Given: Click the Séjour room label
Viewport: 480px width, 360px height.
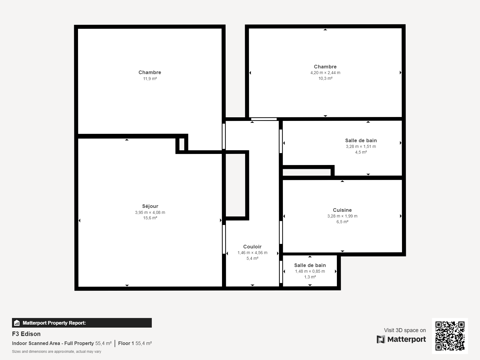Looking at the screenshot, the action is pos(150,206).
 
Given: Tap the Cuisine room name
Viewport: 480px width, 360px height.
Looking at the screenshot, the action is pos(342,210).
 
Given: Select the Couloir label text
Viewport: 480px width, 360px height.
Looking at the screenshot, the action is pos(252,247).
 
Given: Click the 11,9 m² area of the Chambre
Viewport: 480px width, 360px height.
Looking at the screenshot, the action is pos(150,79).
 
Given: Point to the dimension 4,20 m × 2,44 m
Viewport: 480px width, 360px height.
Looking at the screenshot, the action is pos(325,73).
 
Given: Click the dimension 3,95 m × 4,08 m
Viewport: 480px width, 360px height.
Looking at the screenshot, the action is pos(150,212).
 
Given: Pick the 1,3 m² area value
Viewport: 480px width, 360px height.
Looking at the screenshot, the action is pos(310,277).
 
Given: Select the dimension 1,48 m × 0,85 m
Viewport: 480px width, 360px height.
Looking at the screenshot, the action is pos(310,271).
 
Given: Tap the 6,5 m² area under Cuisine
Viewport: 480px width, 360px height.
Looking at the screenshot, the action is pos(342,222).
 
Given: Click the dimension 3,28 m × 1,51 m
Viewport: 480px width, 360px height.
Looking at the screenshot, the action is pos(361,146).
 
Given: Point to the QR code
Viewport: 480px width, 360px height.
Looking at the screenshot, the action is pos(450,336).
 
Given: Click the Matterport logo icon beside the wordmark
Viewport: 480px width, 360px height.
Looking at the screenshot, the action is pos(381,339).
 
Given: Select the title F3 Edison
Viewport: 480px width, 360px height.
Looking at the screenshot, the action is pos(26,334).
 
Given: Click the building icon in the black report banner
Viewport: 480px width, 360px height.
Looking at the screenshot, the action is pos(17,323).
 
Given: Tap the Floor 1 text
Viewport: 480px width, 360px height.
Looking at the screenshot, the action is pos(126,343).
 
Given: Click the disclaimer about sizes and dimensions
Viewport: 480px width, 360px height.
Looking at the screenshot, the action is pos(56,352).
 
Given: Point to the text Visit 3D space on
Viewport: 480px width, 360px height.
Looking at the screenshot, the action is pos(405,330).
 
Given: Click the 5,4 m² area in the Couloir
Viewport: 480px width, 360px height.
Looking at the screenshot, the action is pos(252,258).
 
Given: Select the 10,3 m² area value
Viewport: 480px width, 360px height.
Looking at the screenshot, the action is pos(325,78).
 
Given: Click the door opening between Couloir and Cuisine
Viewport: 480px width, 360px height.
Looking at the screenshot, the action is pos(281,232).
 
